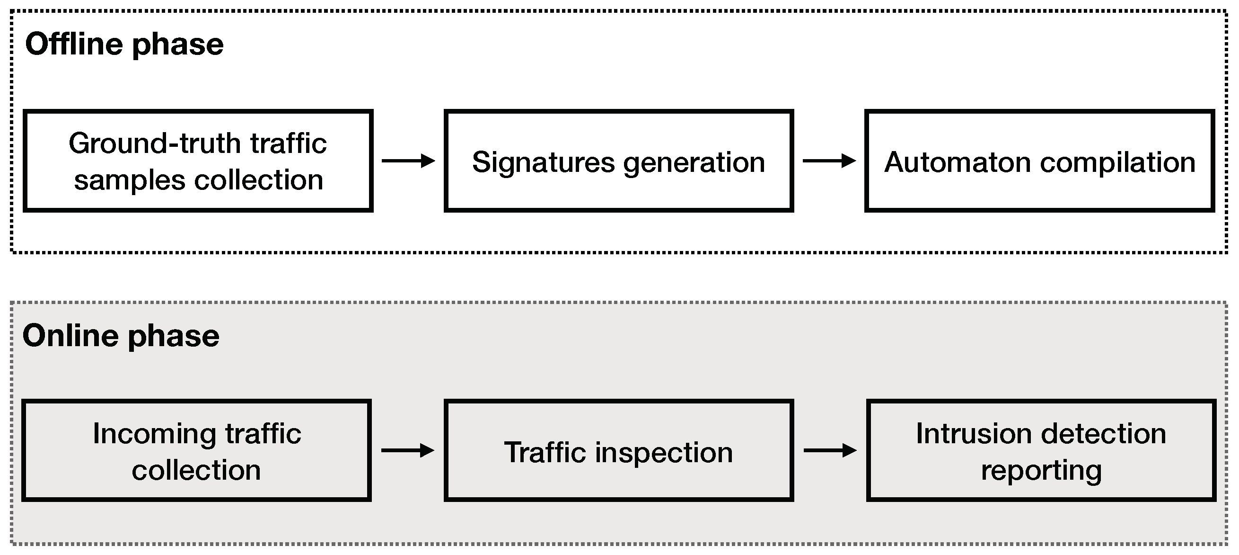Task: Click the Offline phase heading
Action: point(124,45)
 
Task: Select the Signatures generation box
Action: point(618,161)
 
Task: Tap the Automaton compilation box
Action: point(1039,161)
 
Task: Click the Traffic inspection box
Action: point(618,450)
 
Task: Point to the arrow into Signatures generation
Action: point(408,161)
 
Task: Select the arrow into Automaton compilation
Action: point(829,161)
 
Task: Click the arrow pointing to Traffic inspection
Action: point(407,450)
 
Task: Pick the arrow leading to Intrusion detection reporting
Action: point(830,450)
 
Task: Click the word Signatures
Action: point(543,162)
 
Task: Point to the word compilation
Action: point(1117,163)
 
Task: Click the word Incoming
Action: point(154,434)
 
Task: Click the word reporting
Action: point(1041,471)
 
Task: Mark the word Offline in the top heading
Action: point(74,45)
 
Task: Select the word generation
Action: point(694,163)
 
